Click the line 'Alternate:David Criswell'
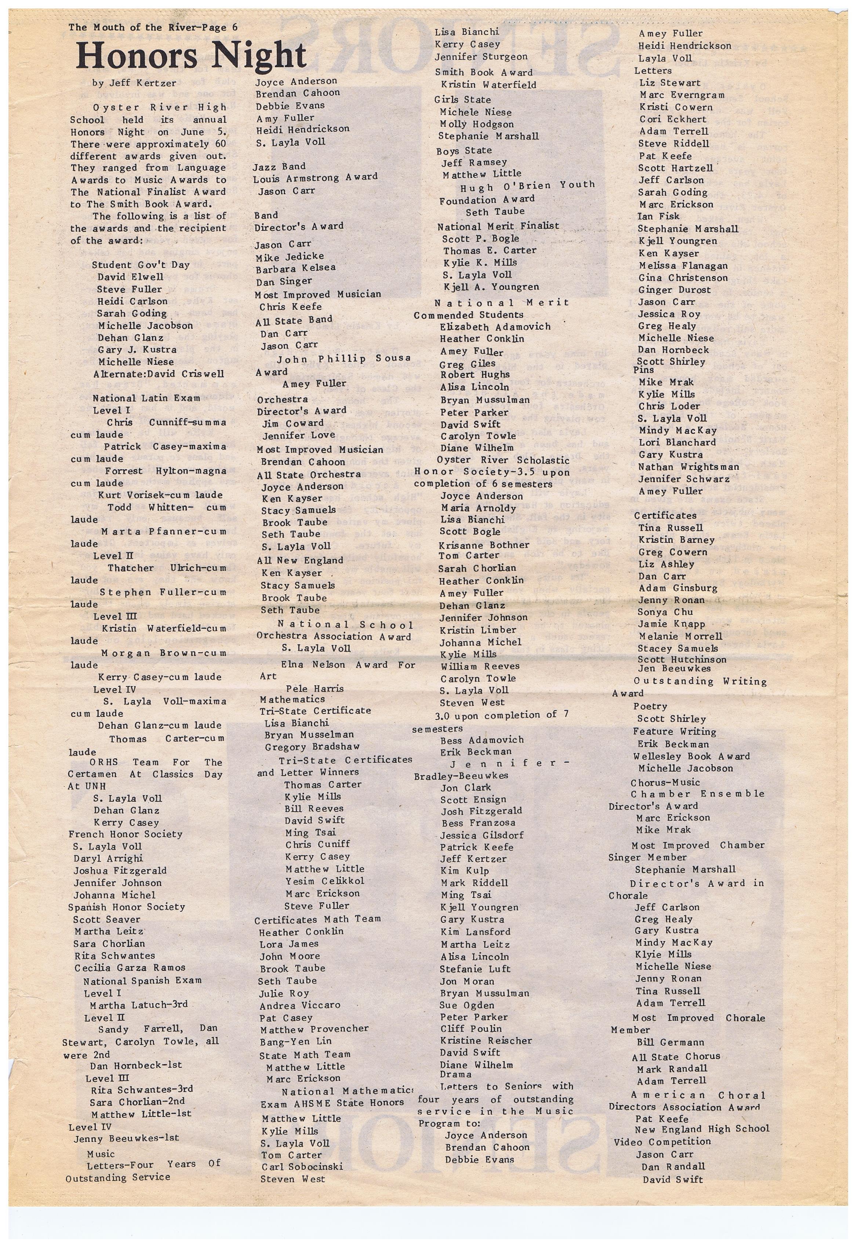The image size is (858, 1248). (x=158, y=374)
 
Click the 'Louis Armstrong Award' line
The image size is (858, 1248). (x=316, y=177)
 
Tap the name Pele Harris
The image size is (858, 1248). (x=315, y=688)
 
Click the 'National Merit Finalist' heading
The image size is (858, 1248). (x=498, y=226)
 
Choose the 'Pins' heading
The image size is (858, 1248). (x=644, y=370)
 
